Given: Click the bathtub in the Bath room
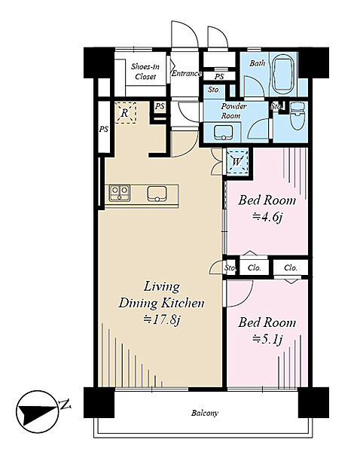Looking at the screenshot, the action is point(282,74).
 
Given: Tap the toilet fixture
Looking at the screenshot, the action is point(297,116).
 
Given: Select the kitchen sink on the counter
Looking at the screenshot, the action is point(157,194).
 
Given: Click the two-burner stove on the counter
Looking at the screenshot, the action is point(119,193).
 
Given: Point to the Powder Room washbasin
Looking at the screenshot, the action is point(224,133).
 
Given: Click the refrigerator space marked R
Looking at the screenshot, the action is point(125,113).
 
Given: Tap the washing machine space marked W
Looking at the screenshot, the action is point(237,161).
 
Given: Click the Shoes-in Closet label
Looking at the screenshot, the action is point(145,72).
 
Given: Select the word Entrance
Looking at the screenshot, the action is point(187,73).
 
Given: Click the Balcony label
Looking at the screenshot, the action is point(205,413).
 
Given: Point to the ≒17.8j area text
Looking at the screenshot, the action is point(162,319).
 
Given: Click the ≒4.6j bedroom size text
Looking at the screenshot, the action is point(267,217).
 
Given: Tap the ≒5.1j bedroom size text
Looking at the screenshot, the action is point(267,339).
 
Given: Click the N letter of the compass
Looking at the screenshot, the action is point(66,405).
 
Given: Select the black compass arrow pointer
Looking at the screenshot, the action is point(36,411).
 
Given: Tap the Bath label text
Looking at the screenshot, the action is point(257,63).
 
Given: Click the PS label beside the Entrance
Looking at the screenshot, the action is point(219,77).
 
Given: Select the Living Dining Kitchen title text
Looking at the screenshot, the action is point(161,295).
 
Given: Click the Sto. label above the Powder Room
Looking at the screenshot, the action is point(214,90).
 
